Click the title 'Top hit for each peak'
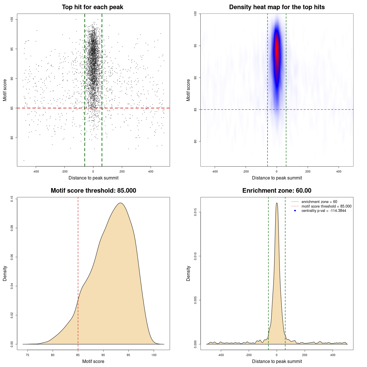click(93, 7)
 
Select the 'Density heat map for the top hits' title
click(277, 7)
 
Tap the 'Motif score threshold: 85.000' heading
click(93, 191)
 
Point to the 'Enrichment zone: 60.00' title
click(277, 191)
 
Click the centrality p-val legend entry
click(324, 211)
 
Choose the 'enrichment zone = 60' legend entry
click(319, 202)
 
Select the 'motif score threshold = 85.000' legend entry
click(326, 206)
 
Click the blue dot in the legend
click(295, 211)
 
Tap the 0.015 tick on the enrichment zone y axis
click(196, 212)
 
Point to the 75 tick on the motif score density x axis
click(28, 355)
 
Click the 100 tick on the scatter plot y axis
click(12, 19)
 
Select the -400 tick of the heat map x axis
click(215, 171)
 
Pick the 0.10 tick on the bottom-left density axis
click(12, 199)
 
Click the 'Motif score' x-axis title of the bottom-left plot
click(93, 361)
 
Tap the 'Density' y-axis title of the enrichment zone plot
click(188, 273)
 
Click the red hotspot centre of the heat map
click(277, 52)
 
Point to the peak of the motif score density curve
click(121, 203)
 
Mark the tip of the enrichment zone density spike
click(277, 203)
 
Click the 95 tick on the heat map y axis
click(196, 46)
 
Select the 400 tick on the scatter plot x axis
click(151, 171)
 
